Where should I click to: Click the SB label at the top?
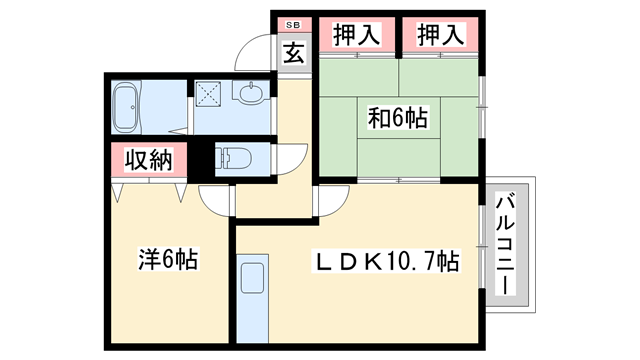[x=293, y=23]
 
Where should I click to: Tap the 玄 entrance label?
[x=293, y=53]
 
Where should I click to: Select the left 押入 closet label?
[x=357, y=35]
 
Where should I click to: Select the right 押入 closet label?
[x=441, y=35]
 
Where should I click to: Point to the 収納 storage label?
[x=149, y=159]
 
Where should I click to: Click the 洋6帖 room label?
[x=167, y=261]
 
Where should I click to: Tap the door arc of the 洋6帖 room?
[x=215, y=197]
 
